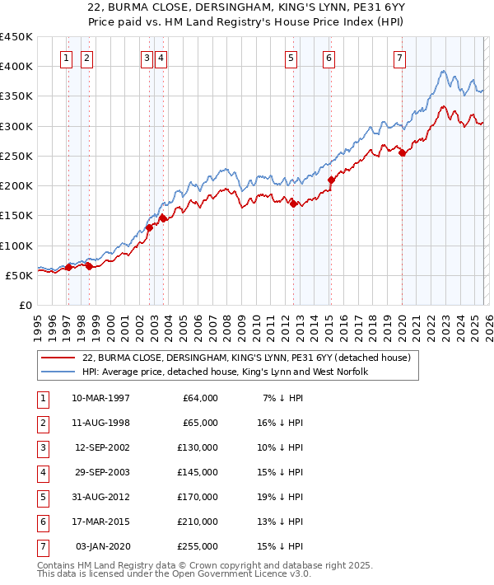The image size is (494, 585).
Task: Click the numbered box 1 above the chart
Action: point(66,58)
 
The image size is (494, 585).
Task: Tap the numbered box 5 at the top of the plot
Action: point(291,58)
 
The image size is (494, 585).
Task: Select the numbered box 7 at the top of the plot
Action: point(399,58)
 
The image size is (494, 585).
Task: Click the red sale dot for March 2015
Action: point(330,180)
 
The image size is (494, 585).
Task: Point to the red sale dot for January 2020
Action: point(401,152)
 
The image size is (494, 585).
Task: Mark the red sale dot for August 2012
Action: point(293,204)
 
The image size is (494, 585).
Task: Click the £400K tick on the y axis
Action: point(16,67)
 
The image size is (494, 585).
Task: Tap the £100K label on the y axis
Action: point(16,246)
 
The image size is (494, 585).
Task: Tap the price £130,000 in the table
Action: point(198,447)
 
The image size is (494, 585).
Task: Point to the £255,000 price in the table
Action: point(198,546)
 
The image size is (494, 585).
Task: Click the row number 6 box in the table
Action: point(41,522)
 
